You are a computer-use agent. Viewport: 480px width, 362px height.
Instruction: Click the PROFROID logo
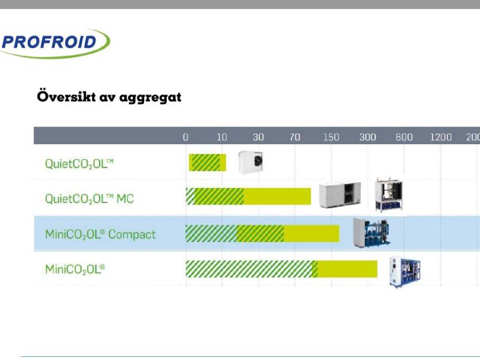tap(55, 43)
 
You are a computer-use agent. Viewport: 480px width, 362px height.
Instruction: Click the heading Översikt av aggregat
tap(109, 97)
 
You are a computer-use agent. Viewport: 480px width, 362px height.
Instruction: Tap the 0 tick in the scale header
tap(185, 137)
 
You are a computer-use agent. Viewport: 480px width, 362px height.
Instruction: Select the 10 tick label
tap(222, 137)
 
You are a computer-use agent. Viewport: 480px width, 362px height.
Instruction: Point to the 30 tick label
tap(258, 137)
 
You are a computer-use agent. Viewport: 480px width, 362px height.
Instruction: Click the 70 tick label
tap(295, 137)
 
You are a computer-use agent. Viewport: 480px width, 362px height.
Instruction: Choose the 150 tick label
tap(332, 137)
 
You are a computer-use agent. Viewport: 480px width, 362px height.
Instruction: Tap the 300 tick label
tap(368, 137)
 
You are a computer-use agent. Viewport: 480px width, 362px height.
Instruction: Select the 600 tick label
tap(404, 137)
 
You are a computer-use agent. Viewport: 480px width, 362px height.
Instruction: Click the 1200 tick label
tap(441, 137)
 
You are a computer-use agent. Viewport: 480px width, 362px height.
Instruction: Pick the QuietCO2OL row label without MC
tap(79, 164)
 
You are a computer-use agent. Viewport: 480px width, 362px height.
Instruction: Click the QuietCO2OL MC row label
tap(89, 199)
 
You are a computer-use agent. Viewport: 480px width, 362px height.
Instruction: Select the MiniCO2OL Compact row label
tap(100, 234)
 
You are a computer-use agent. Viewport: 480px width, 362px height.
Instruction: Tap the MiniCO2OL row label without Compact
tap(75, 269)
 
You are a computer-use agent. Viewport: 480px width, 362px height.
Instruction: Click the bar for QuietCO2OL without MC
tap(208, 163)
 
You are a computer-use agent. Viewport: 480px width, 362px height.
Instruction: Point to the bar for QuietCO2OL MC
tap(248, 197)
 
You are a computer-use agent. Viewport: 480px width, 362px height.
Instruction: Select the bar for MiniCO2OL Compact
tap(262, 234)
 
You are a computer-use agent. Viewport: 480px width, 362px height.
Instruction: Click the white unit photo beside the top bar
tap(251, 162)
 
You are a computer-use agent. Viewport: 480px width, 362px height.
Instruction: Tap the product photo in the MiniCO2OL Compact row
tap(371, 233)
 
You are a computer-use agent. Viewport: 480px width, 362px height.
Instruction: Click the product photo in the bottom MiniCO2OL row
tap(405, 272)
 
